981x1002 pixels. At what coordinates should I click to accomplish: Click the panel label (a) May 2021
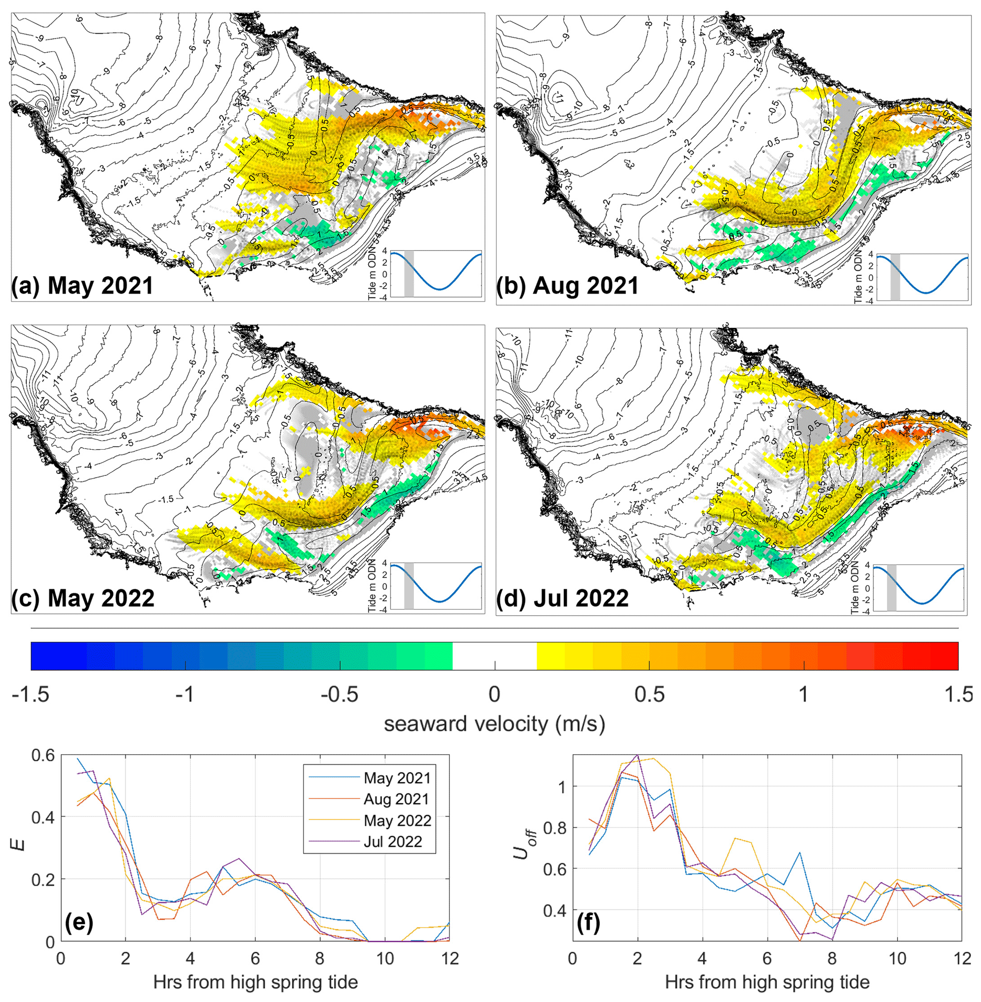pos(83,286)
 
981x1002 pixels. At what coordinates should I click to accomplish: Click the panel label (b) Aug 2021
pos(567,286)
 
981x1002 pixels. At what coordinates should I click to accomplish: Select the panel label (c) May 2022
pos(83,598)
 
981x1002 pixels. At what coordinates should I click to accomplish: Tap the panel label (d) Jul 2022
pos(562,598)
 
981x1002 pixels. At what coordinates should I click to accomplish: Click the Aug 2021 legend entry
pos(396,799)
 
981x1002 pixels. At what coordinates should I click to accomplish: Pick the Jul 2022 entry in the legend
pos(392,841)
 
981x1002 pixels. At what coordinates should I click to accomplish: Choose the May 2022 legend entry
pos(397,820)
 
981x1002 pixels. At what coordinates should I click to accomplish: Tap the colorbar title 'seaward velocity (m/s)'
pos(494,724)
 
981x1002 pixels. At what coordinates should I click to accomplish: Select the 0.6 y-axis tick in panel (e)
pos(43,756)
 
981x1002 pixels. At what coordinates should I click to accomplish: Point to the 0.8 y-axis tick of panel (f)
pos(554,828)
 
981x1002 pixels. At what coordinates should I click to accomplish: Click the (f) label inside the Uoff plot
pos(589,924)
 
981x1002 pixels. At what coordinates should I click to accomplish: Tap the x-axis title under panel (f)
pos(767,982)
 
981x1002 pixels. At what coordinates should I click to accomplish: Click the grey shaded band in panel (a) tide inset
pos(409,274)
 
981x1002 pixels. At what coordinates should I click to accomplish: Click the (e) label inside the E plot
pos(79,924)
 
